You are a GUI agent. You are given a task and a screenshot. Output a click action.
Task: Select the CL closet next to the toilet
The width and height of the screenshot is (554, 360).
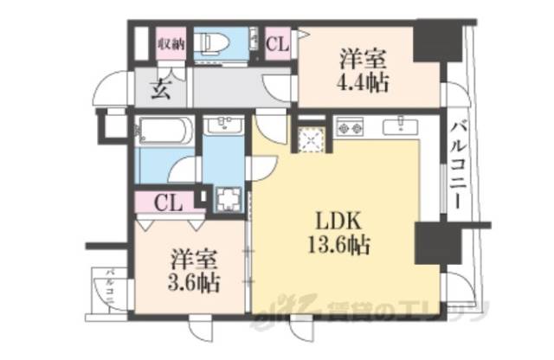pos(279,42)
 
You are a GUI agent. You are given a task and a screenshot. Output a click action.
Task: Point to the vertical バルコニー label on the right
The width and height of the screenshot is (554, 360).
pos(456,164)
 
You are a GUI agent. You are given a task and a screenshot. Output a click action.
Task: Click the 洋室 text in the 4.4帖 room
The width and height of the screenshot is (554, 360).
pos(362,60)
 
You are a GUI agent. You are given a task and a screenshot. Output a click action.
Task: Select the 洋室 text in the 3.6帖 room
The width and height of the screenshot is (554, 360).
pos(191,260)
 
